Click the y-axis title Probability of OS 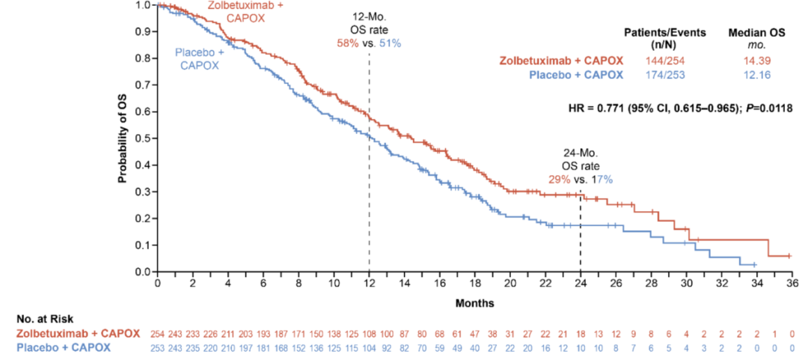tap(121, 138)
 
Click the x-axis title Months tap(474, 303)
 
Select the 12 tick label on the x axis tap(369, 284)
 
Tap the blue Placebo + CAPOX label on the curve tap(197, 58)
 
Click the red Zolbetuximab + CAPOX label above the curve tap(239, 10)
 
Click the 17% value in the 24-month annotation tap(603, 180)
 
